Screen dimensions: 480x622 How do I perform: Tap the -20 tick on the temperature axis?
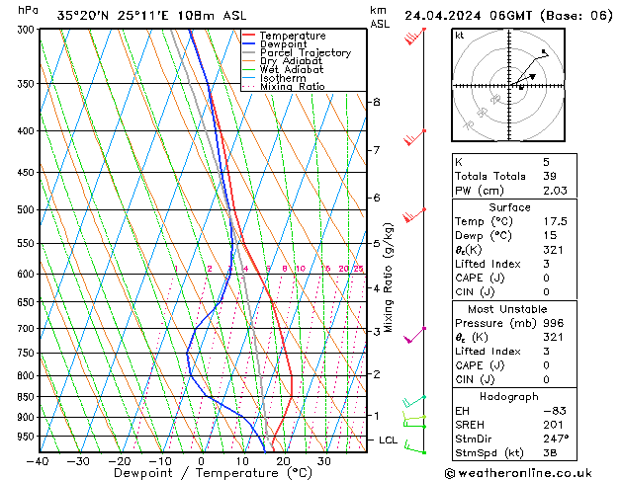tap(120, 461)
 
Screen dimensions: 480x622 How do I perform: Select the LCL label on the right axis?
tap(389, 440)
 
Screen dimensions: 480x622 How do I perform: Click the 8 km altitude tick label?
tap(377, 102)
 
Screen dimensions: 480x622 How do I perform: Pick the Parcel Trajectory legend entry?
tap(305, 52)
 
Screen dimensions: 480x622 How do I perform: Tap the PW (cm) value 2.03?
tap(557, 191)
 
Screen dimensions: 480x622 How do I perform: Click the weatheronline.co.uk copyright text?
tap(532, 472)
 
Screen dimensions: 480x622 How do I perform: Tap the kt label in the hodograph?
tap(460, 36)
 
